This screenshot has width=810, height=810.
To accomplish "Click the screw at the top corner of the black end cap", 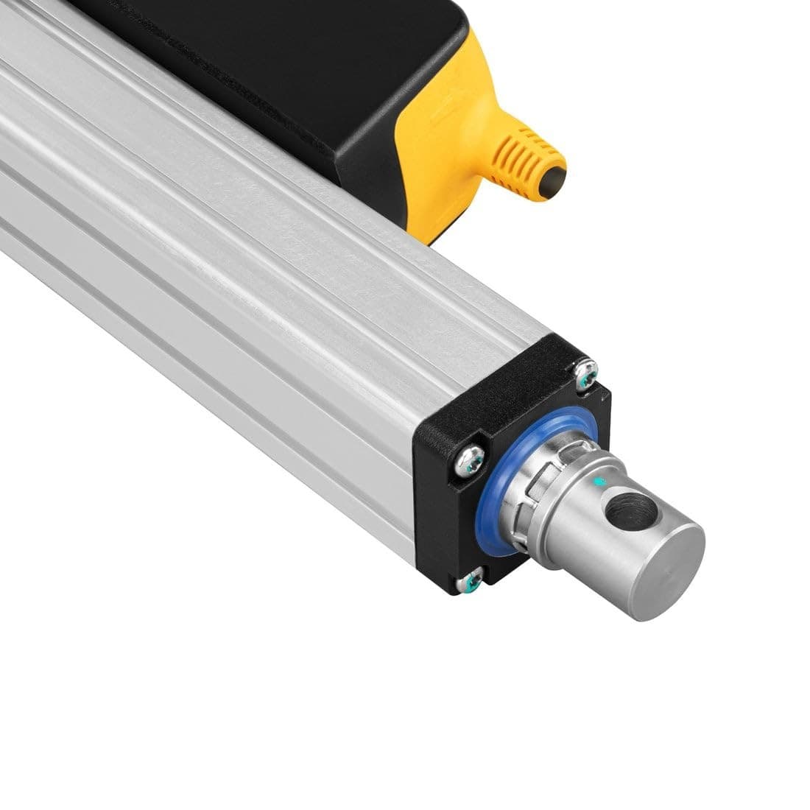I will (x=586, y=375).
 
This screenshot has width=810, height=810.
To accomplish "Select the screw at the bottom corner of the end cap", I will (x=468, y=584).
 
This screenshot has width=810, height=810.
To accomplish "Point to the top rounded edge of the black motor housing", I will (x=405, y=15).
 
